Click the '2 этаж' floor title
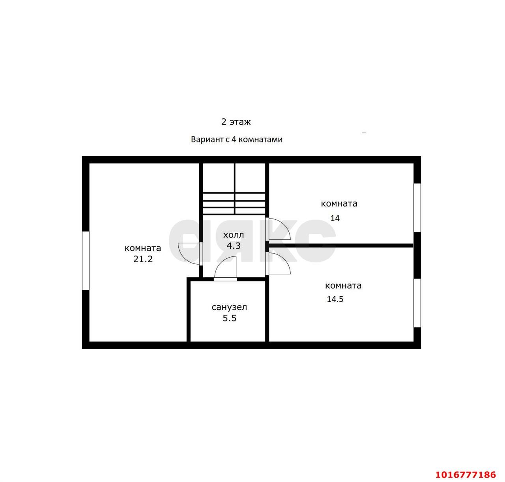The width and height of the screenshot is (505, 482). pyautogui.click(x=236, y=122)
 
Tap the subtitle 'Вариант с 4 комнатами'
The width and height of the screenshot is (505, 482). pyautogui.click(x=237, y=140)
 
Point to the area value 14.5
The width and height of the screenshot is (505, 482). pyautogui.click(x=335, y=299)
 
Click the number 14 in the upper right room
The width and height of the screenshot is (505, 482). pyautogui.click(x=335, y=218)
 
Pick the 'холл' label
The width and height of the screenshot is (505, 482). pyautogui.click(x=234, y=235)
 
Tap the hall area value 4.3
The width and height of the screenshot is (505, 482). pyautogui.click(x=234, y=246)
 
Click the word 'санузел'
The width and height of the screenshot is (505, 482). pyautogui.click(x=229, y=307)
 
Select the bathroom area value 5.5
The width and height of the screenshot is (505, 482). pyautogui.click(x=230, y=318)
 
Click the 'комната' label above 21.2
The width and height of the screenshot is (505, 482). pyautogui.click(x=143, y=248)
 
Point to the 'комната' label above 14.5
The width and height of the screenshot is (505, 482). pyautogui.click(x=343, y=286)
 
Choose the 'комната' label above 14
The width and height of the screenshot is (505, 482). pyautogui.click(x=339, y=204)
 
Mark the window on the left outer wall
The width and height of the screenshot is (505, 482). pyautogui.click(x=86, y=261)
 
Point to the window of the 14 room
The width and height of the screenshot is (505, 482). pyautogui.click(x=417, y=208)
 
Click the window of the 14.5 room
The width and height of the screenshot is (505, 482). pyautogui.click(x=417, y=303)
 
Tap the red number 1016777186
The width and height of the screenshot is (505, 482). pyautogui.click(x=466, y=475)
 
